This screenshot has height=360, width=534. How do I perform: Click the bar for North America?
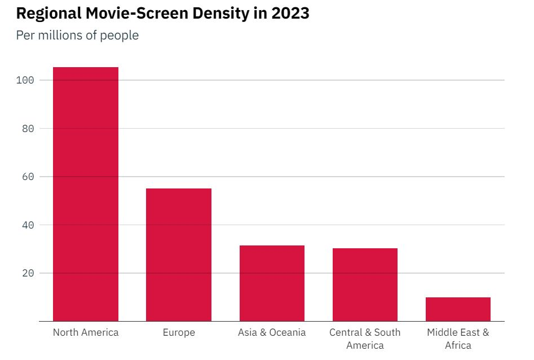(86, 194)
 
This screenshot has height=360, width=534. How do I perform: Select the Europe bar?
(179, 254)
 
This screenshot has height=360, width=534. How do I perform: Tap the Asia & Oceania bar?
(272, 283)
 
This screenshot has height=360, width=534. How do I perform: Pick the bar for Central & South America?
(365, 284)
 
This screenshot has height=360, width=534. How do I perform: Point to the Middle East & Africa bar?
(458, 309)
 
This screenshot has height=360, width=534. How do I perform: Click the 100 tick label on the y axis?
(26, 80)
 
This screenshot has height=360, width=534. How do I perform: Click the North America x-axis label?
(86, 332)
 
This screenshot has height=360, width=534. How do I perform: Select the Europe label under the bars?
(179, 332)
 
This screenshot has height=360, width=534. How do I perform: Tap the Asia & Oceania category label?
(272, 332)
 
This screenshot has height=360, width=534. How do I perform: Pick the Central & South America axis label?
(365, 339)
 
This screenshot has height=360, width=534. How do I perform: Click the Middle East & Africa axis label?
(458, 339)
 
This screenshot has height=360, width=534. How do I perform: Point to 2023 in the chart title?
(290, 14)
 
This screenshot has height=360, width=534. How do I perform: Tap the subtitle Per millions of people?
(77, 36)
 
